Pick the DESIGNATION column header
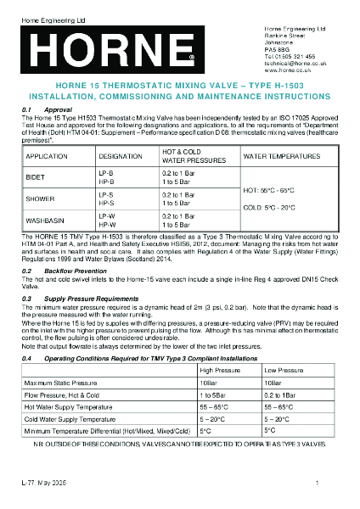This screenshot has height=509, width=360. pyautogui.click(x=121, y=158)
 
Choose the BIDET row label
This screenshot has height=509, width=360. pyautogui.click(x=37, y=177)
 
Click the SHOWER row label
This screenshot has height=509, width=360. pyautogui.click(x=40, y=200)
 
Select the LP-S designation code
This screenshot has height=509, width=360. pyautogui.click(x=106, y=195)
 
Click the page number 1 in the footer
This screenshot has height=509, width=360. pyautogui.click(x=316, y=483)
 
